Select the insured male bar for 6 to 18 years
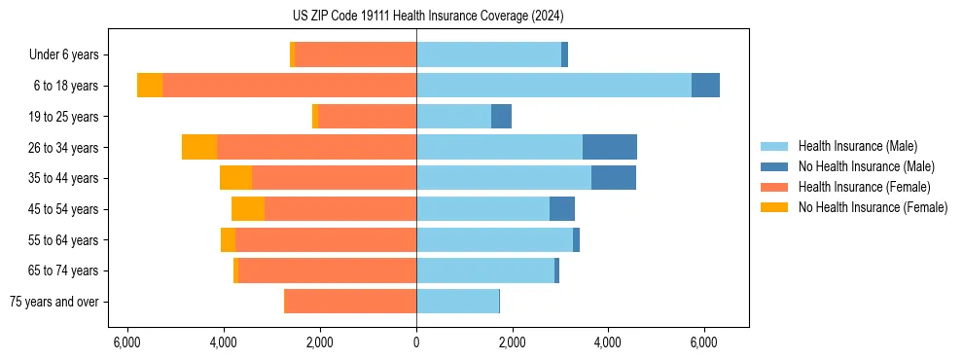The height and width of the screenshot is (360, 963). coord(553,86)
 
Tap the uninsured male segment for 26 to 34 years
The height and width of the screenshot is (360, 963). coord(610,147)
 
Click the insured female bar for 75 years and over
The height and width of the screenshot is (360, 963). coord(350,302)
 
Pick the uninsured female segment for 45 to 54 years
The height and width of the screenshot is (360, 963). coord(248,209)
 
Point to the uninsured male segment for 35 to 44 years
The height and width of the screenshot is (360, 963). coord(614,178)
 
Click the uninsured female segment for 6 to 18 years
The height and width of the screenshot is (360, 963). coord(150,86)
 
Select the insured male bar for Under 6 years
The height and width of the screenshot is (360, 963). coord(488,54)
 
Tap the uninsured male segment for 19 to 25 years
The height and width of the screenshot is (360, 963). coord(501,117)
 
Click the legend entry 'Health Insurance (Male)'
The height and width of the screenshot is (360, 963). coord(857,146)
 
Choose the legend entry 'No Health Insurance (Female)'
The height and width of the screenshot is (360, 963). coord(873,207)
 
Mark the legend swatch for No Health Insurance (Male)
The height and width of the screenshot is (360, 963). coord(774,166)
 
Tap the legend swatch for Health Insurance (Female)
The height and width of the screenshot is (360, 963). coord(774,187)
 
